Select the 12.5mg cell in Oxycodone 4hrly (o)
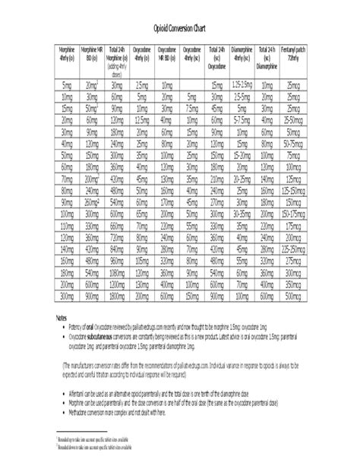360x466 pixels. tap(141, 120)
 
